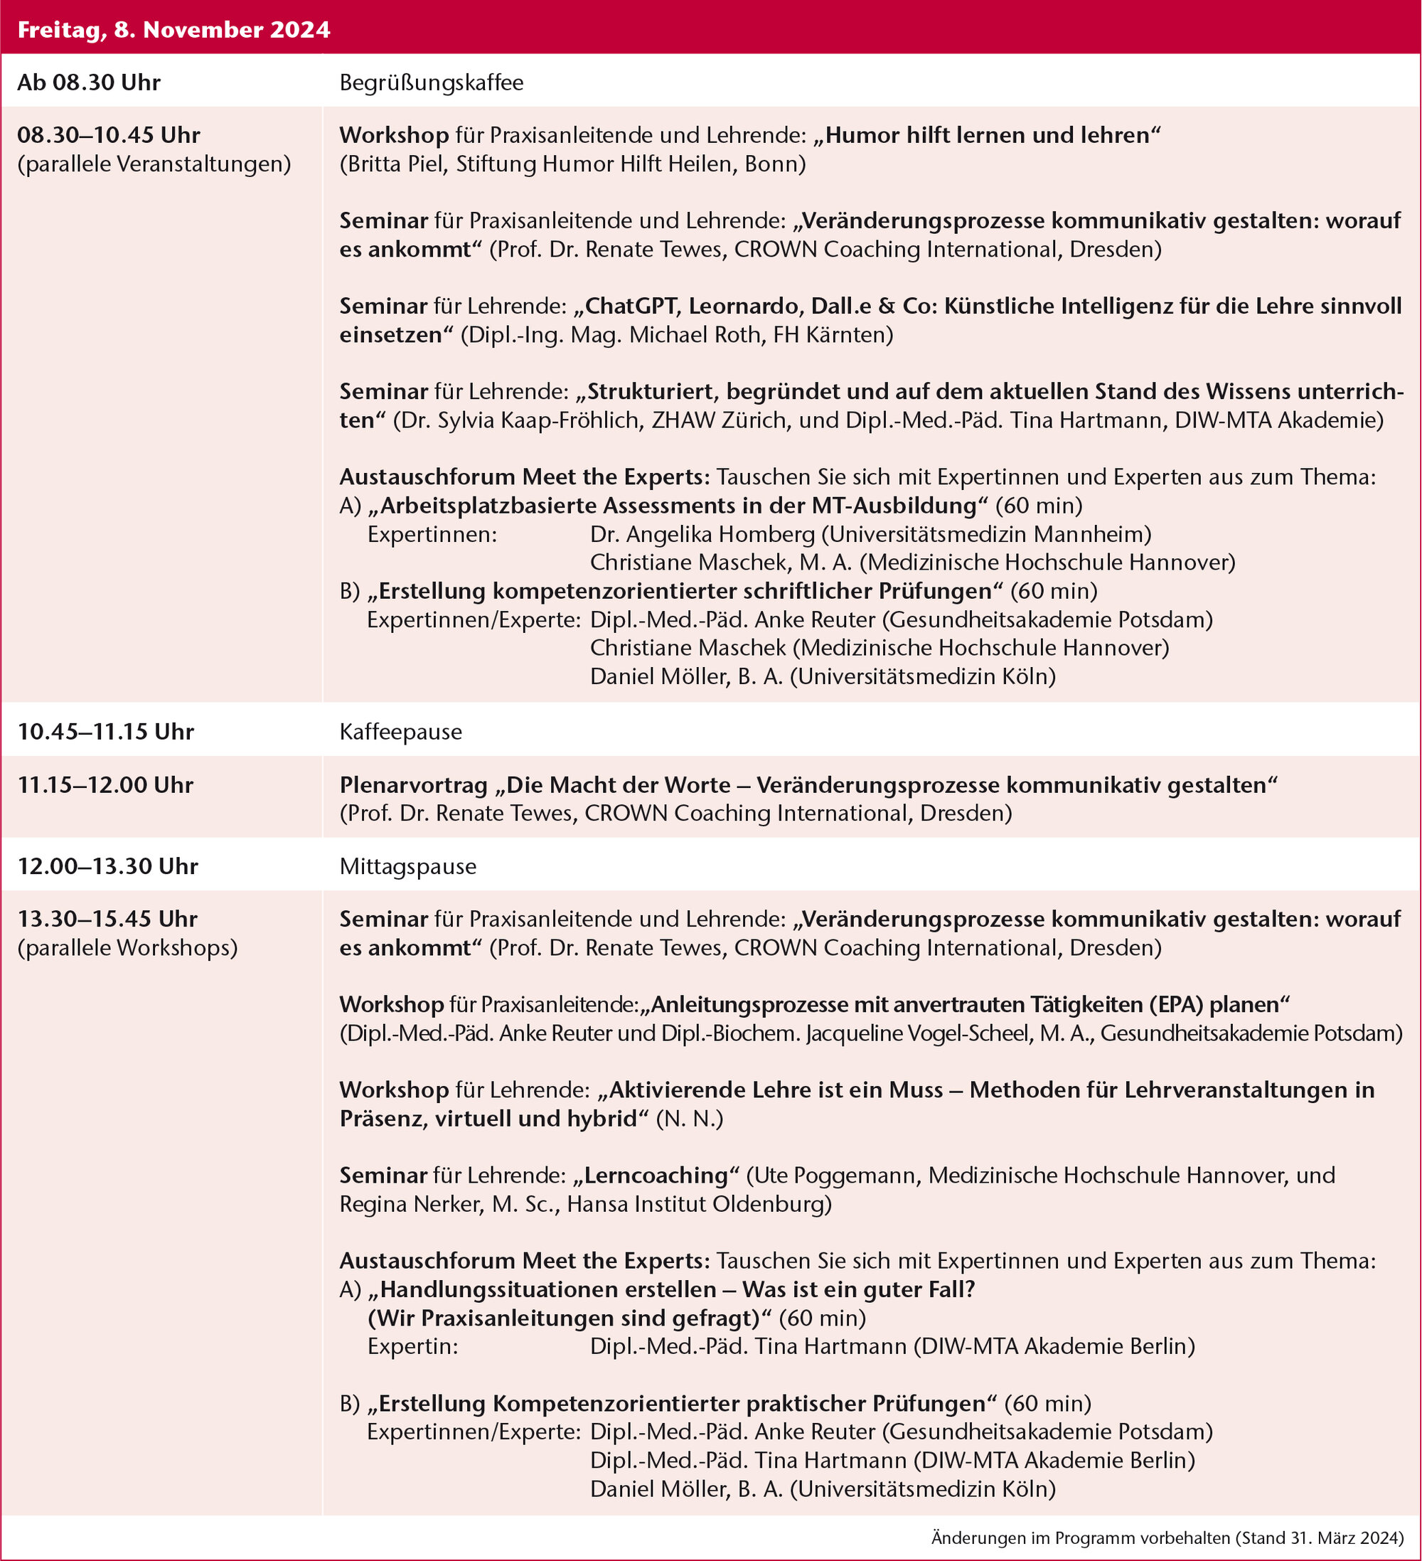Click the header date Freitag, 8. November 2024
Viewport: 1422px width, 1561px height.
(173, 29)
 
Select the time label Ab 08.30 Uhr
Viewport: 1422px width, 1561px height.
(89, 82)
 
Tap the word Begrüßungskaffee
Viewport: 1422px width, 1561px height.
(431, 82)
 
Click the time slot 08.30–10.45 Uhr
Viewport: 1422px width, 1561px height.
(108, 134)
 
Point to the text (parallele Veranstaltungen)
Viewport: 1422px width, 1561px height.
(154, 164)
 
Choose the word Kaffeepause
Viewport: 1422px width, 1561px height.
(400, 732)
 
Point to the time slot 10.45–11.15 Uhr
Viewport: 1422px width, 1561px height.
(105, 732)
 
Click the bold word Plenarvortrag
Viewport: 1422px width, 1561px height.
(413, 785)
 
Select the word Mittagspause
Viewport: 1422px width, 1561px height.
(408, 866)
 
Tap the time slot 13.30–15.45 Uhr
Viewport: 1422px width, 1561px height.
(107, 919)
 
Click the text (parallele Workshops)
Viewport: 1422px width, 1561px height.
(127, 948)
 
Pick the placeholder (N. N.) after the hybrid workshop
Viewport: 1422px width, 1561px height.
(689, 1119)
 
